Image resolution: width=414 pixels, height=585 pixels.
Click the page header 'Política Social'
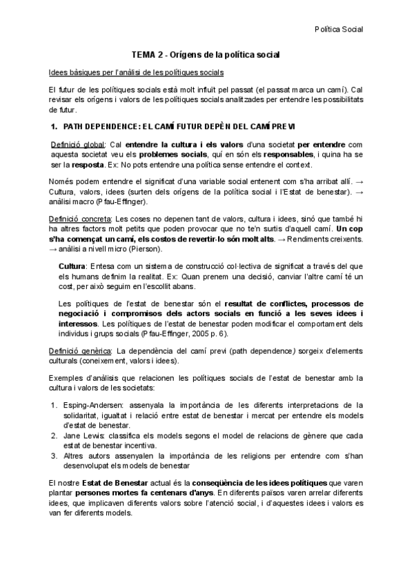[338, 29]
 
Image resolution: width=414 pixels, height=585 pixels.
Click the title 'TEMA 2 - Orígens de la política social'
[206, 54]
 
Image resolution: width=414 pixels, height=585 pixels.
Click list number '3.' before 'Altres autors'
[55, 455]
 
